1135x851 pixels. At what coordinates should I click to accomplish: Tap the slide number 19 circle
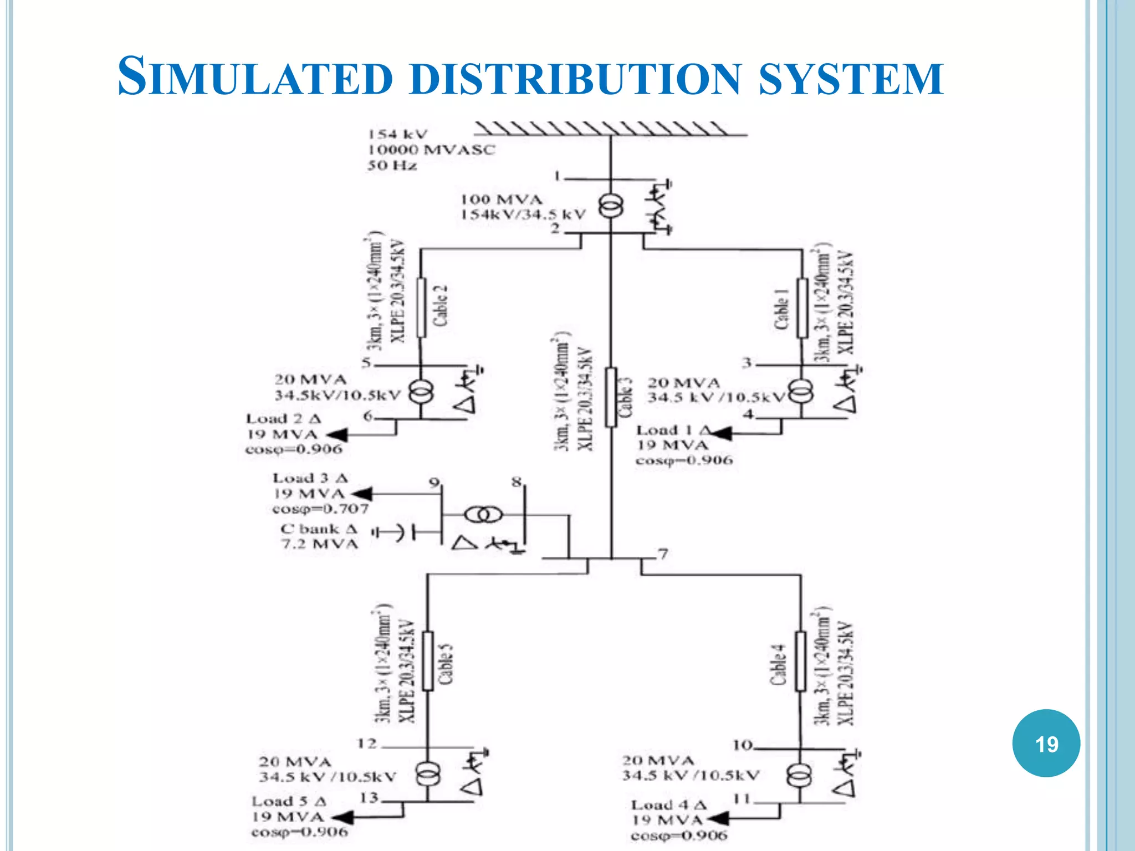coord(1046,743)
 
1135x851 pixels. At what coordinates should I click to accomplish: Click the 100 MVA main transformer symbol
coord(611,207)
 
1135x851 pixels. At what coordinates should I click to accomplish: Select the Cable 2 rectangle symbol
coord(421,307)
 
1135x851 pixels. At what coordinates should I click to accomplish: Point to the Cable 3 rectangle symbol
coord(611,397)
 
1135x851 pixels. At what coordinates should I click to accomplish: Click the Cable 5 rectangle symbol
coord(428,661)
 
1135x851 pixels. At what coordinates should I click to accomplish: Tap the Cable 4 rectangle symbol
coord(801,661)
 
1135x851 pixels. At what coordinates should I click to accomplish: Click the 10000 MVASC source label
coord(431,150)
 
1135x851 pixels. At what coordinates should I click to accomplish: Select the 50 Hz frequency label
coord(392,165)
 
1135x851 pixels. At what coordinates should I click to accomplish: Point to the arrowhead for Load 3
coord(362,493)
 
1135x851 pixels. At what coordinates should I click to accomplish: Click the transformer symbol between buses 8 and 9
coord(484,515)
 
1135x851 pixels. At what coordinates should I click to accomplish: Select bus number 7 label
coord(663,553)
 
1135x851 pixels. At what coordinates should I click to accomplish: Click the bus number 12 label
coord(367,743)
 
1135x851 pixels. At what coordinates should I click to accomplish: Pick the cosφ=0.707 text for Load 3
coord(320,509)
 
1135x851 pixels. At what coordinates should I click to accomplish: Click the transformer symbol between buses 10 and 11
coord(800,775)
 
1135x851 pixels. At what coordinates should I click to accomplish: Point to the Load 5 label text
coord(289,802)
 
